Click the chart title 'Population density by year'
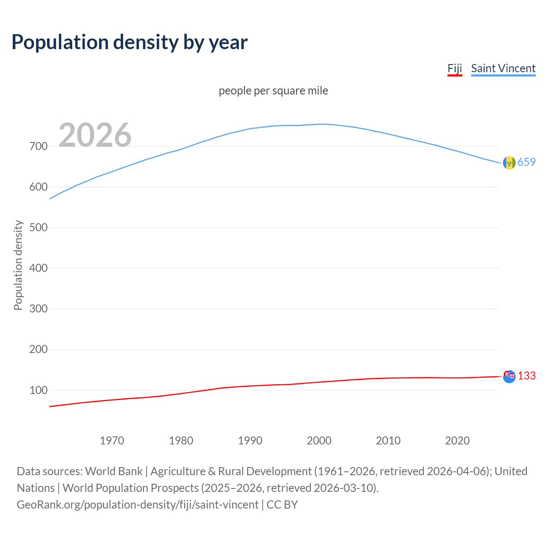(x=129, y=42)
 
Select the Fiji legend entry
(x=455, y=68)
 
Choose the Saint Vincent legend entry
(x=503, y=68)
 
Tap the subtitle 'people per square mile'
(x=273, y=91)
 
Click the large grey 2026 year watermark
(x=95, y=135)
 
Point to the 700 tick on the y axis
(x=38, y=147)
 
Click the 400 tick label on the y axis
(x=38, y=268)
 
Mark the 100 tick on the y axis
(x=38, y=390)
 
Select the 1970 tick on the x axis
(x=112, y=441)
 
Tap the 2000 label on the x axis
(x=319, y=441)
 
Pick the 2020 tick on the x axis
(x=457, y=441)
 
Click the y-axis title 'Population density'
(x=18, y=265)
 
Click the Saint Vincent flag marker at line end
(x=509, y=163)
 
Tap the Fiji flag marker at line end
(x=509, y=376)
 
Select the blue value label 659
(x=526, y=162)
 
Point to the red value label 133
(x=526, y=376)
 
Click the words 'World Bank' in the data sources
(x=114, y=471)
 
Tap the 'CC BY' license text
(x=282, y=505)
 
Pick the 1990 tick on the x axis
(x=250, y=441)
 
